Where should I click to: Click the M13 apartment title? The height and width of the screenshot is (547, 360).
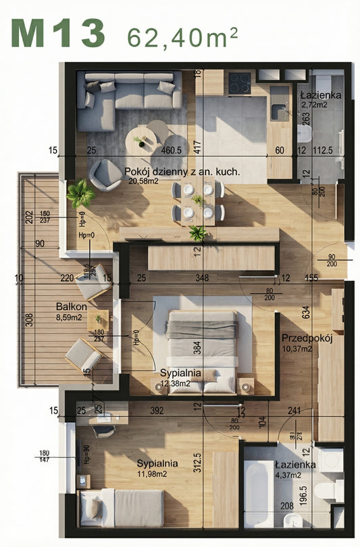click(x=59, y=33)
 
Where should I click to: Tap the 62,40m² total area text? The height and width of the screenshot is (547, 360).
click(x=182, y=38)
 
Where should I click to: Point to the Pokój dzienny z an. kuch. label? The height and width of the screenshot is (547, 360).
click(x=182, y=172)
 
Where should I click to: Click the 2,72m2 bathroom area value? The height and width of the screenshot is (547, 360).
click(x=313, y=105)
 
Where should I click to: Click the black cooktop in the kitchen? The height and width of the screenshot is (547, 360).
click(x=239, y=83)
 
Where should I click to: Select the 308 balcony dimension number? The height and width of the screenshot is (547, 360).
click(x=29, y=319)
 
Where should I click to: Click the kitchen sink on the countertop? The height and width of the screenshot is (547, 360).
click(x=279, y=111)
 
